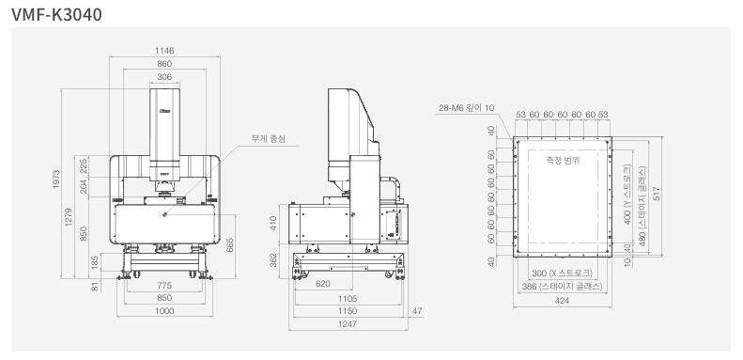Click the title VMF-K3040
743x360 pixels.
coord(56,15)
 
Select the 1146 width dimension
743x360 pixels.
coord(164,51)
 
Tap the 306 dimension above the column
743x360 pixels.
coord(164,77)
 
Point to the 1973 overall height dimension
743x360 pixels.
coord(56,179)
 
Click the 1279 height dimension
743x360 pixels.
coord(69,217)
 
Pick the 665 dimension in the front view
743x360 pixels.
coord(230,244)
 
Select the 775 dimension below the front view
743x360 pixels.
coord(164,286)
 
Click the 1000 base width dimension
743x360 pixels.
coord(164,311)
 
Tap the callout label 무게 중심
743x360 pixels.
coord(269,139)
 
